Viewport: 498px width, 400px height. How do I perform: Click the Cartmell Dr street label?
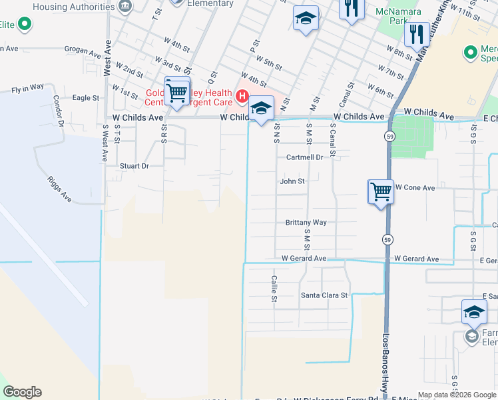point(304,157)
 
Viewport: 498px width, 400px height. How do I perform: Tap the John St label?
point(292,181)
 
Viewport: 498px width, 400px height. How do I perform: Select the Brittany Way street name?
point(306,222)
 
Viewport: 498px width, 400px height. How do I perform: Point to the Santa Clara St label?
point(324,295)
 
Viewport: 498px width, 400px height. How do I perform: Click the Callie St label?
point(274,289)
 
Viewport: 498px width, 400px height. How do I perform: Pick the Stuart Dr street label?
point(134,165)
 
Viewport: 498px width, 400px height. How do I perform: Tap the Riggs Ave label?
point(59,189)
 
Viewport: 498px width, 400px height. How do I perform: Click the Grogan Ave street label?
point(81,49)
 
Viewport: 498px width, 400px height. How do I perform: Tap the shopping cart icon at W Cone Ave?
point(381,192)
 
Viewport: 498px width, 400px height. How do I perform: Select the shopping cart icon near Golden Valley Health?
point(176,93)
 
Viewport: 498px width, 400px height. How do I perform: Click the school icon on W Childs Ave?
point(262,109)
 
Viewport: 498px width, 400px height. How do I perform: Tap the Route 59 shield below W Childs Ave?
point(387,136)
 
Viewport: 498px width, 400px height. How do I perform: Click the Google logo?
point(22,392)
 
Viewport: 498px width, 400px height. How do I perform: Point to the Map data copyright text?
point(457,395)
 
